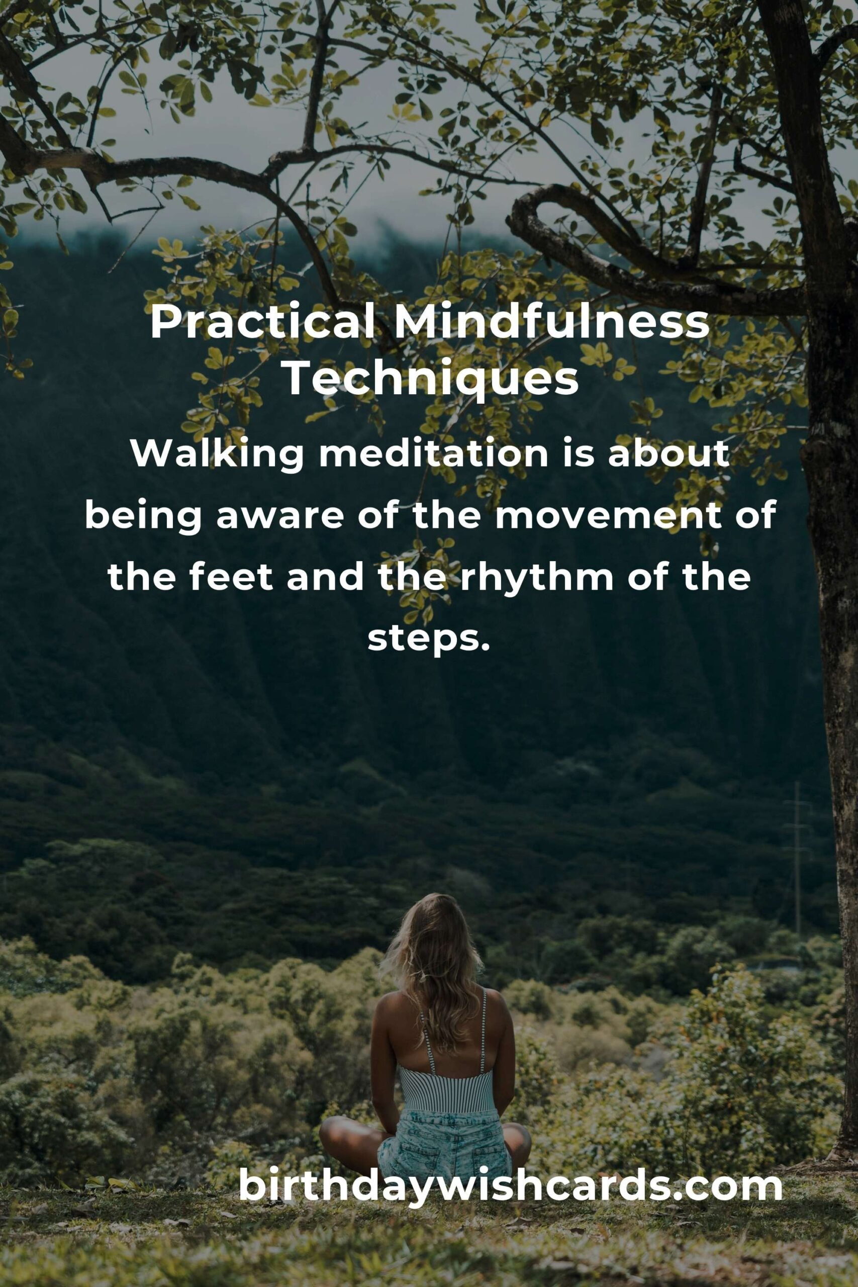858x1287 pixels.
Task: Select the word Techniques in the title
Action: tap(432, 380)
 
